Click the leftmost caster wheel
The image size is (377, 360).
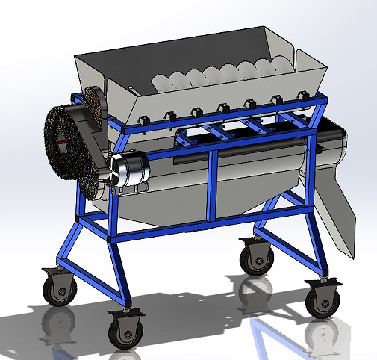pyautogui.click(x=58, y=288)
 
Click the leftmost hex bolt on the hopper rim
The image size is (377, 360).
pyautogui.click(x=141, y=119)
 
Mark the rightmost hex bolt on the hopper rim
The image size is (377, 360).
pyautogui.click(x=303, y=95)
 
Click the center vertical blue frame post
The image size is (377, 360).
pyautogui.click(x=214, y=184)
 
